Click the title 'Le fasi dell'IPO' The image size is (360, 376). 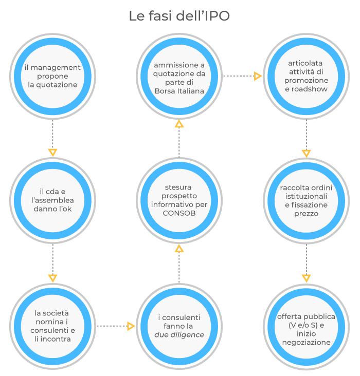[179, 16]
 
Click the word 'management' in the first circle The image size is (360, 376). [56, 68]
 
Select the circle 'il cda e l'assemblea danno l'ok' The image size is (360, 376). [52, 200]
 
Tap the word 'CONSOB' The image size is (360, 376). [179, 213]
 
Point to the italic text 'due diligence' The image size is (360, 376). [179, 335]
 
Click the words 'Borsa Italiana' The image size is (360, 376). [179, 91]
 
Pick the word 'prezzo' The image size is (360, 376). [306, 214]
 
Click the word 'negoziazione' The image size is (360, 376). [306, 343]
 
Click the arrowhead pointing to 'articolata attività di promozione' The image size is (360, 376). [258, 76]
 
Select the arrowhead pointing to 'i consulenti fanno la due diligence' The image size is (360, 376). [131, 326]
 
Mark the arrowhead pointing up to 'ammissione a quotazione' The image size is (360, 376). [179, 124]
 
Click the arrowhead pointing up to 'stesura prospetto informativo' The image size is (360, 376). [179, 249]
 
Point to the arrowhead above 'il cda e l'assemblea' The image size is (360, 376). [52, 153]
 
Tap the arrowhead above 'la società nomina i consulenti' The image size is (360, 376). [52, 278]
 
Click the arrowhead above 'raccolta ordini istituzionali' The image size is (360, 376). [306, 153]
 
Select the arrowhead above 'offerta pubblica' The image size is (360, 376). [306, 278]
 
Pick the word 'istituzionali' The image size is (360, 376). [306, 196]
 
